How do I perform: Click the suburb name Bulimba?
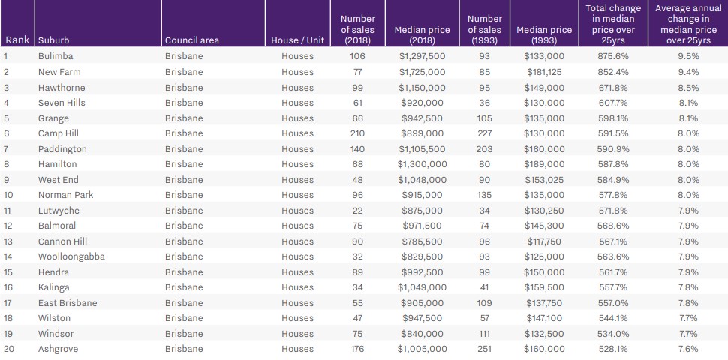(56, 56)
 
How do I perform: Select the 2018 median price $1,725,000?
(422, 72)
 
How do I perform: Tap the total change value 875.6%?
(613, 56)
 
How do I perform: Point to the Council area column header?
(191, 40)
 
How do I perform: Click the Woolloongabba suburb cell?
(71, 256)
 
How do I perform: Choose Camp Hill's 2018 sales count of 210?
(357, 133)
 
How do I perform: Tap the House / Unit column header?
(299, 40)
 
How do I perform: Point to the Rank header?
(17, 40)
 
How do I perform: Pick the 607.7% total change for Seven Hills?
(613, 103)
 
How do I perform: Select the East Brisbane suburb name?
(68, 303)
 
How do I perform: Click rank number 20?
(9, 349)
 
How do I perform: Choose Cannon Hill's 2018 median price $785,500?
(422, 241)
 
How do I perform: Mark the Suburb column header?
(54, 40)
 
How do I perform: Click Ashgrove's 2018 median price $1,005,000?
(422, 349)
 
